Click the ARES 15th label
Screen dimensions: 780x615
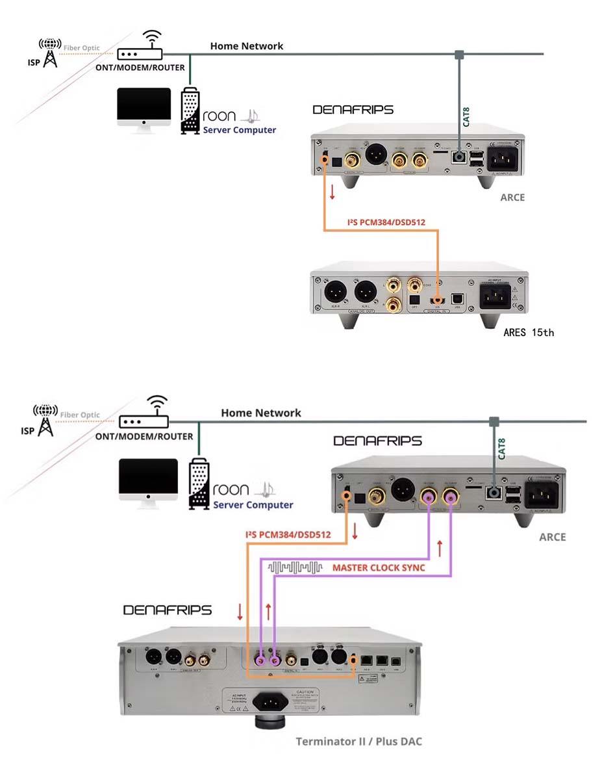pyautogui.click(x=529, y=333)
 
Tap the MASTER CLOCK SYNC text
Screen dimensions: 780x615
pyautogui.click(x=379, y=567)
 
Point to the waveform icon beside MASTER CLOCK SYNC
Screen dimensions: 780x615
pyautogui.click(x=295, y=567)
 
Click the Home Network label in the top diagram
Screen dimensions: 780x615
pyautogui.click(x=246, y=46)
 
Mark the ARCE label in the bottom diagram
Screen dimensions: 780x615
pyautogui.click(x=552, y=537)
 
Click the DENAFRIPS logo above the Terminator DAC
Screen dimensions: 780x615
pyautogui.click(x=167, y=610)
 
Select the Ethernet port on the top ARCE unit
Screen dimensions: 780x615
pyautogui.click(x=460, y=157)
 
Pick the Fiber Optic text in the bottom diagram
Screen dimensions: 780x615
pyautogui.click(x=81, y=415)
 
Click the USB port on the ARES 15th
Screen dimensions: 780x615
pyautogui.click(x=457, y=296)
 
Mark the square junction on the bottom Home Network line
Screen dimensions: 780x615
pyautogui.click(x=494, y=422)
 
